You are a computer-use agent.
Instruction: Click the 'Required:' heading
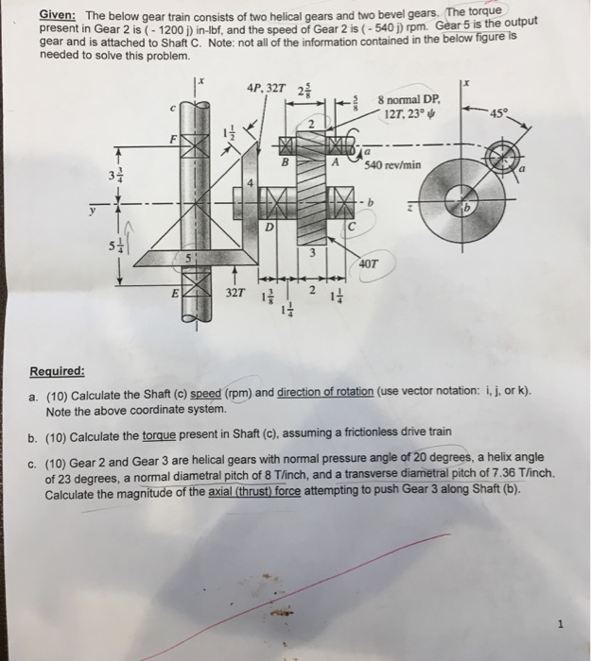pyautogui.click(x=71, y=371)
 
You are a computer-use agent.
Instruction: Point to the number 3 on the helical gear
pyautogui.click(x=309, y=251)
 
